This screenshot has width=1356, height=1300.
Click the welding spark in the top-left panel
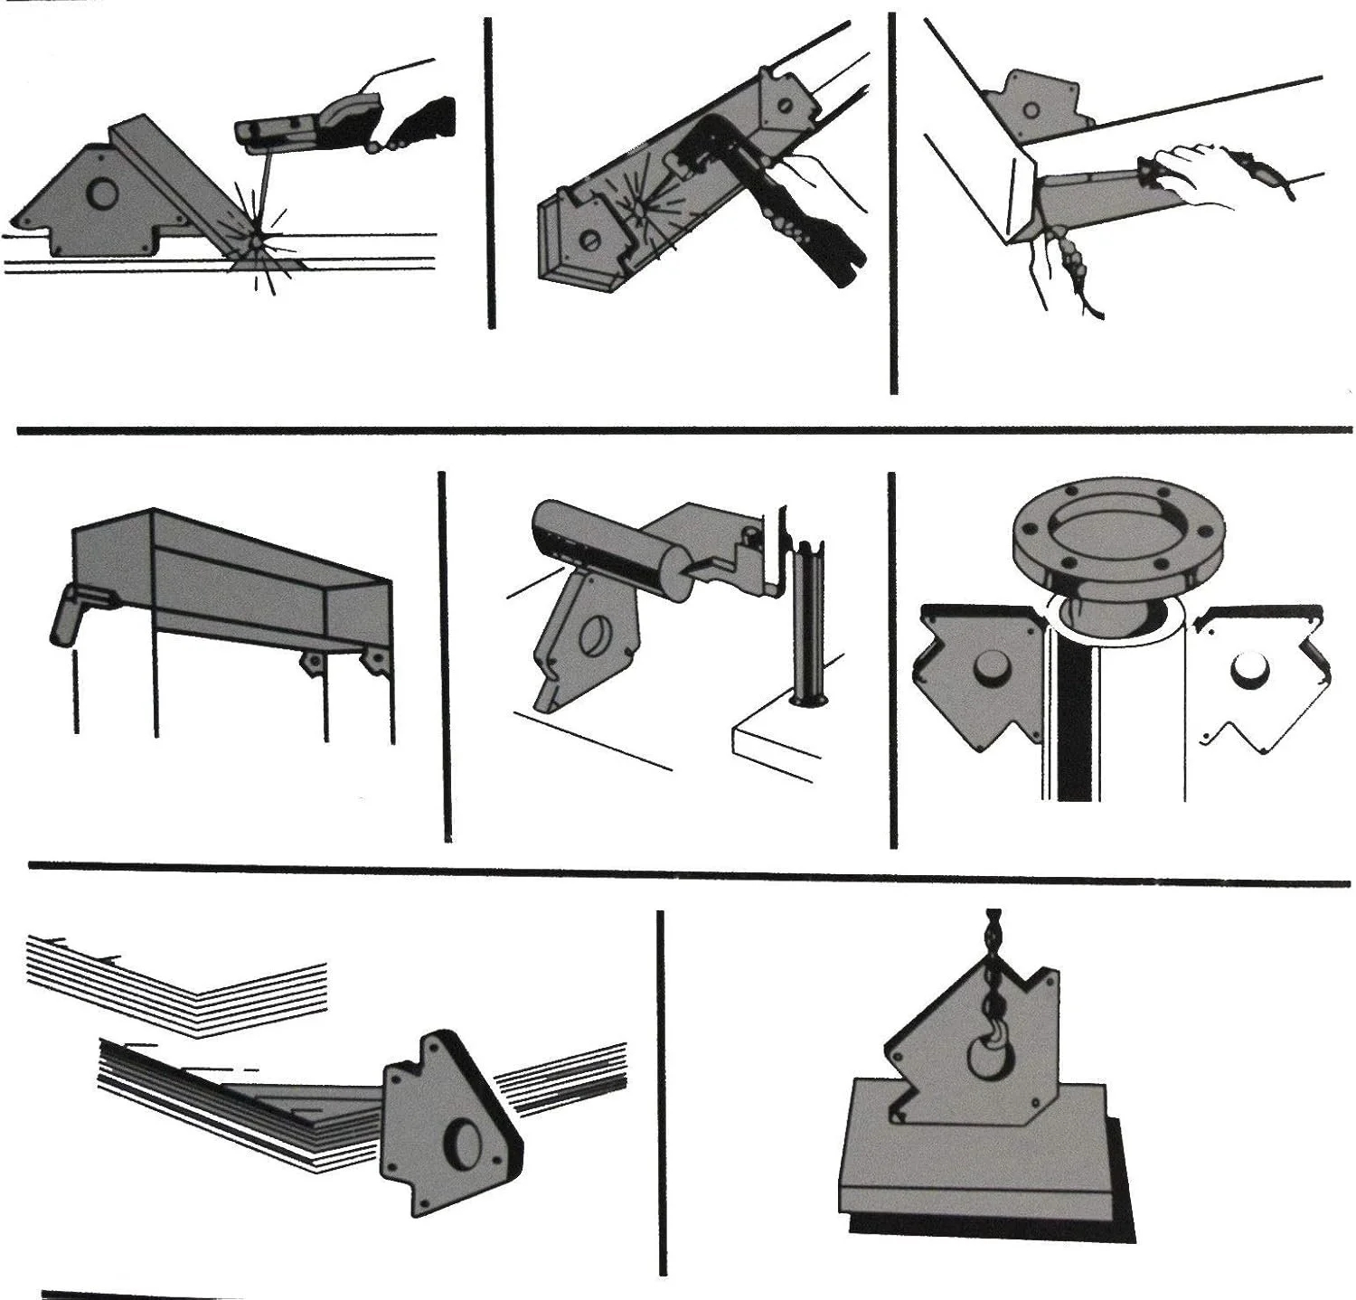pos(258,241)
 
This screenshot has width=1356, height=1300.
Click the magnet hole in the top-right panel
pos(1031,108)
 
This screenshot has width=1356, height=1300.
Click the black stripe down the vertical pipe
pos(1076,714)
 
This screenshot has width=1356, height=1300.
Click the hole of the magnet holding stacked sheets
pos(467,1137)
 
